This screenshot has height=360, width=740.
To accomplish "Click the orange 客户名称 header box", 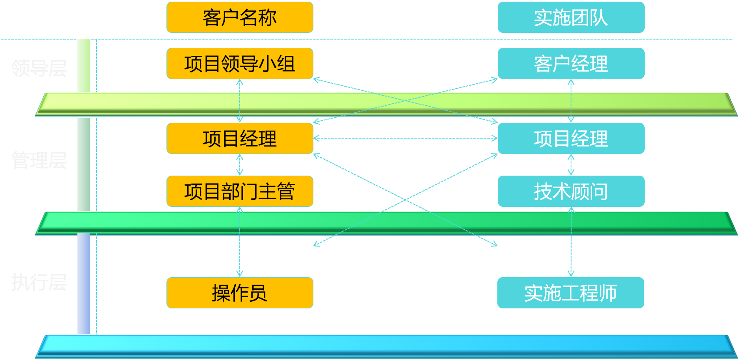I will pyautogui.click(x=240, y=17).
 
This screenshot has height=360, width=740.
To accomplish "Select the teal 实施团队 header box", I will pyautogui.click(x=571, y=17).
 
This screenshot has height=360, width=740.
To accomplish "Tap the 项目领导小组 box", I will pyautogui.click(x=240, y=64).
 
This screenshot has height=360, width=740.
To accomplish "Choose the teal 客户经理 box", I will pyautogui.click(x=571, y=64).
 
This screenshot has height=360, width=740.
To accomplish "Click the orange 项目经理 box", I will pyautogui.click(x=240, y=139).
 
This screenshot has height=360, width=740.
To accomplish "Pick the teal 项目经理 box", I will pyautogui.click(x=571, y=139).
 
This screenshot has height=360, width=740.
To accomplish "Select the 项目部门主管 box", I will pyautogui.click(x=240, y=191).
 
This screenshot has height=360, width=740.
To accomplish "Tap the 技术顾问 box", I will pyautogui.click(x=571, y=191).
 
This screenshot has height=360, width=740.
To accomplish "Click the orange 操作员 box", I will pyautogui.click(x=240, y=293).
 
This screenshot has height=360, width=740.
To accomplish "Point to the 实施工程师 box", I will pyautogui.click(x=571, y=293).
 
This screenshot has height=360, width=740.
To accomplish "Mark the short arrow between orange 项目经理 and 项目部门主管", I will pyautogui.click(x=240, y=165).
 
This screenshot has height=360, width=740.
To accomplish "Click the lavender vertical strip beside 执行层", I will pyautogui.click(x=84, y=283).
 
